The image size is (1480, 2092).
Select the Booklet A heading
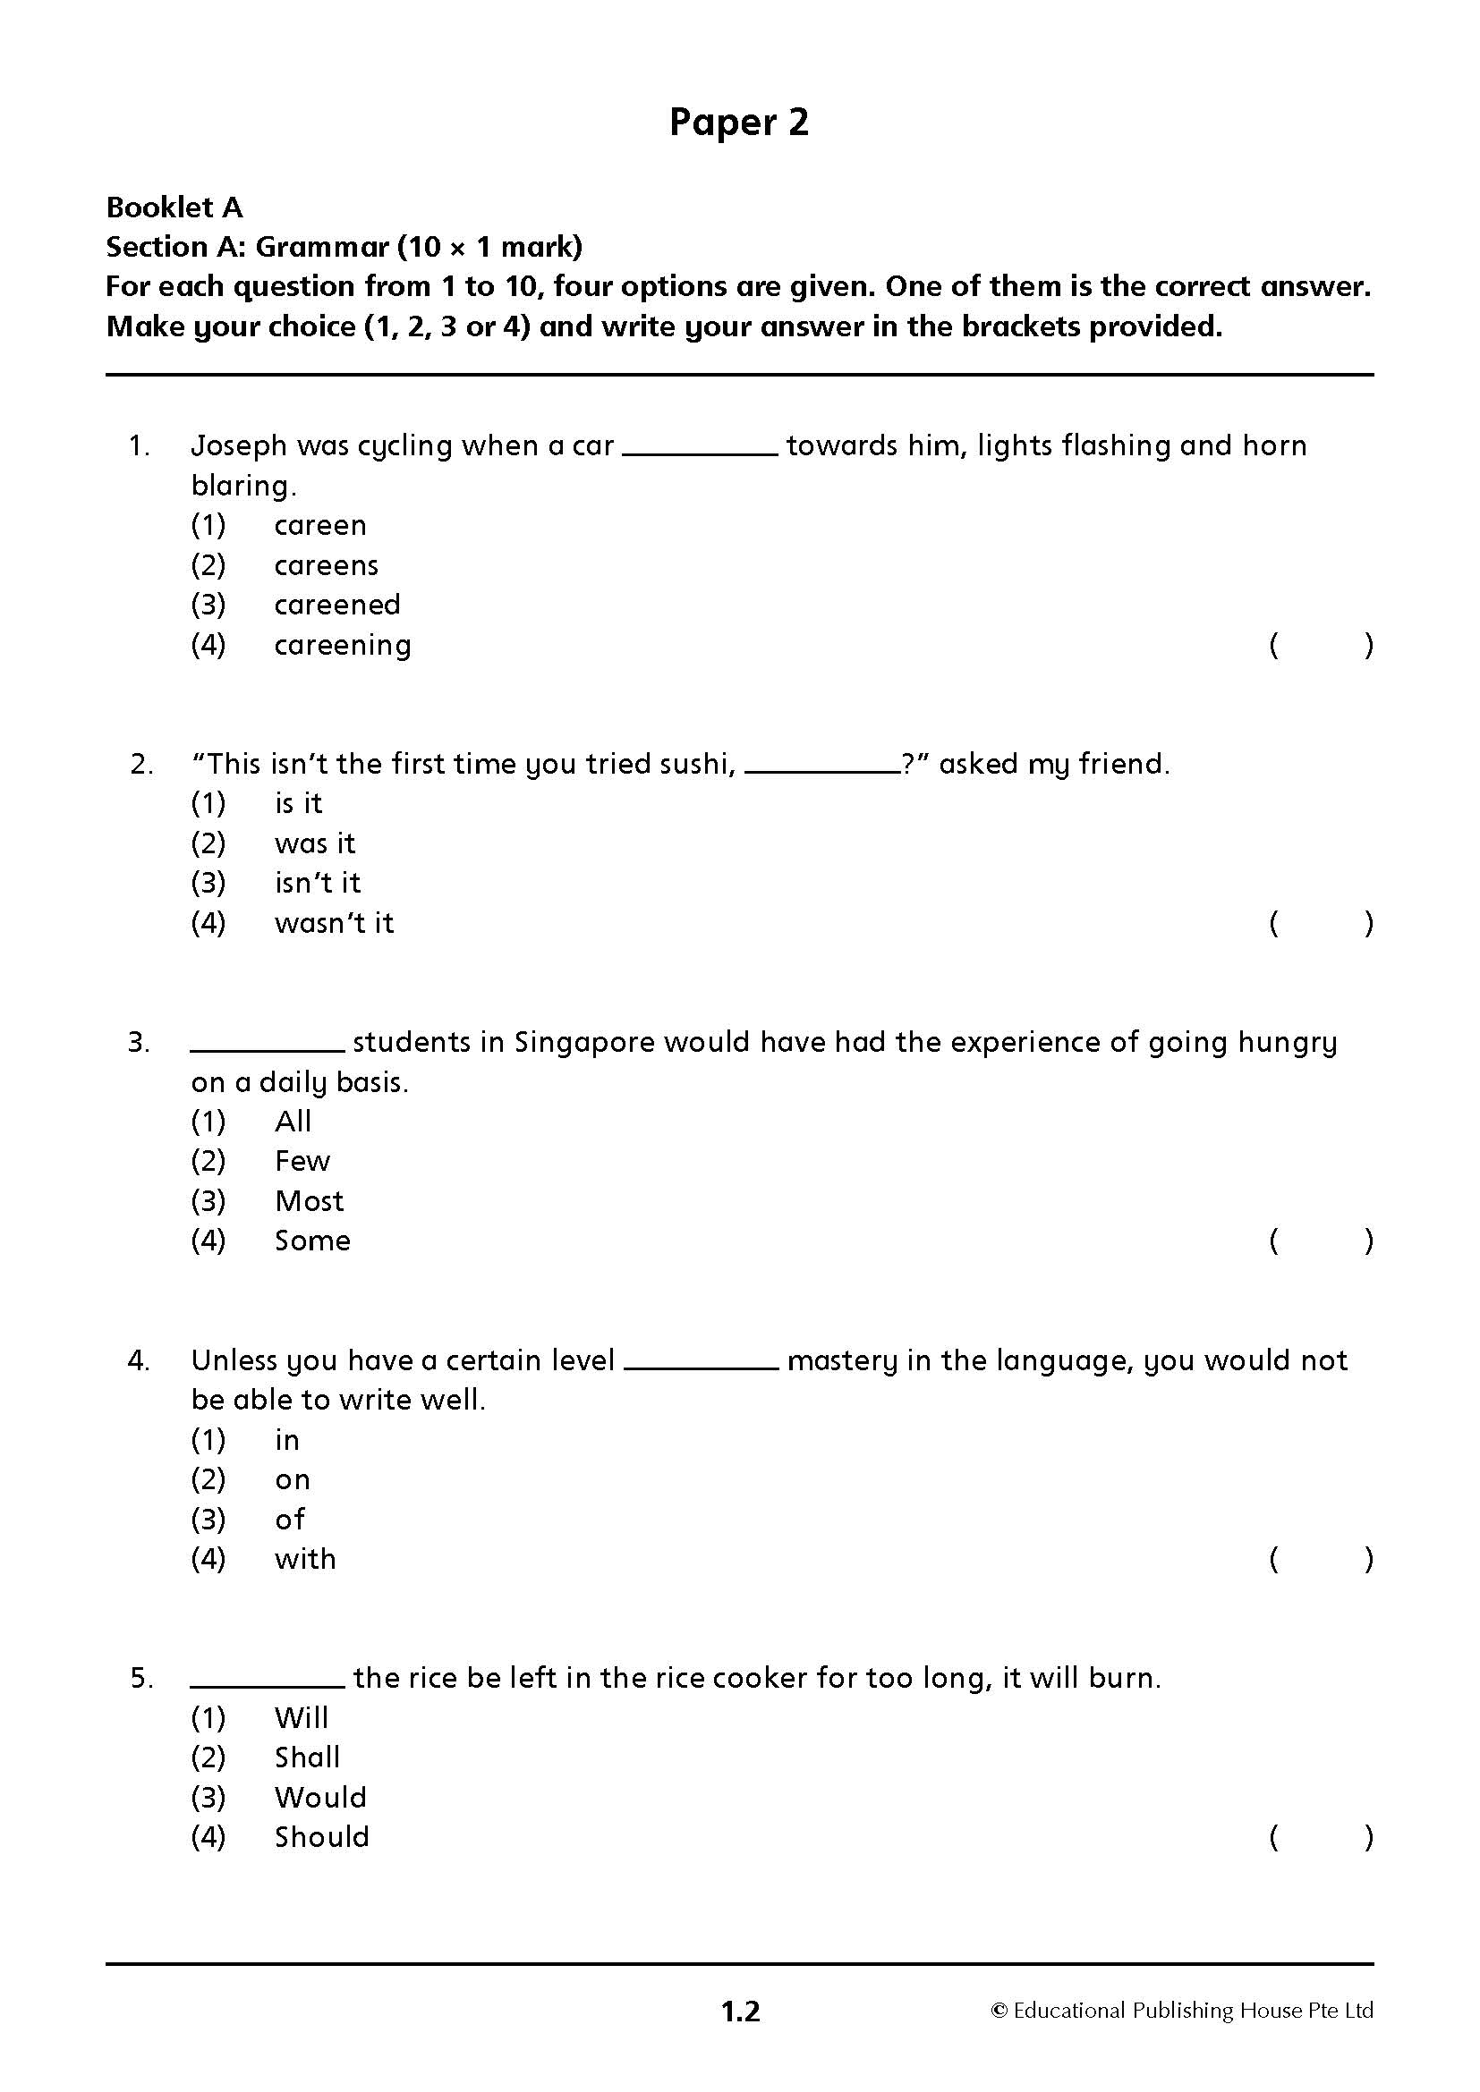tap(174, 208)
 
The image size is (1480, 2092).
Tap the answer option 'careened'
tap(337, 605)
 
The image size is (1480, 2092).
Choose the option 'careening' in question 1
tap(343, 645)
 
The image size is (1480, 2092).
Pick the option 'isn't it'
tap(317, 883)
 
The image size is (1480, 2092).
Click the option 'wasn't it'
tap(334, 923)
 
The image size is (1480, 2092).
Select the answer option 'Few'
tap(302, 1161)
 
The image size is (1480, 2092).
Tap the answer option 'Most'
tap(309, 1201)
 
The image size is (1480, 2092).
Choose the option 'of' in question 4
tap(290, 1519)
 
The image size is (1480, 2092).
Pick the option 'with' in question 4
tap(305, 1559)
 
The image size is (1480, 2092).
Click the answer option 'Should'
tap(322, 1837)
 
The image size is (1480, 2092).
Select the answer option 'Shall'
tap(307, 1757)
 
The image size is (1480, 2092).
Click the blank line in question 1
tap(700, 451)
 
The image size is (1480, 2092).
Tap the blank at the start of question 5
tap(267, 1685)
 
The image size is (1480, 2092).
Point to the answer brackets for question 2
tap(1321, 924)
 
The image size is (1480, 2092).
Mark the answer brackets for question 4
tap(1321, 1560)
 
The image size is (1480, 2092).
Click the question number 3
tap(139, 1042)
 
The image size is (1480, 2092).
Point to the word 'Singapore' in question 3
tap(584, 1042)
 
